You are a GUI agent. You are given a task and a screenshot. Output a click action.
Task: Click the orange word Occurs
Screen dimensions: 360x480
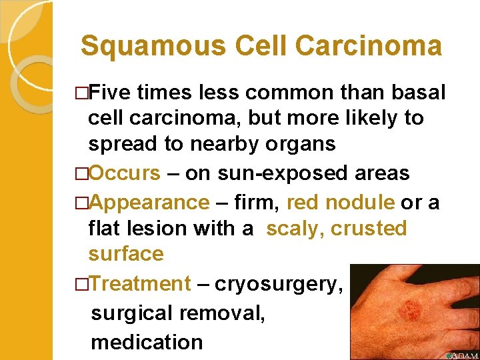pyautogui.click(x=125, y=173)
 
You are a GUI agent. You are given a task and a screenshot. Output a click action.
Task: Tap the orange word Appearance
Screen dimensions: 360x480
pyautogui.click(x=149, y=202)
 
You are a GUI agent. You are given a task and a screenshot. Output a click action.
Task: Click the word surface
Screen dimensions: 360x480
pyautogui.click(x=126, y=254)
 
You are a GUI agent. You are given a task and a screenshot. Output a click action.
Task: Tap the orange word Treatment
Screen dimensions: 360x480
pyautogui.click(x=140, y=283)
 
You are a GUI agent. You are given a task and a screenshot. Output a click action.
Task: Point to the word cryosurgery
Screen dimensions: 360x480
pyautogui.click(x=279, y=285)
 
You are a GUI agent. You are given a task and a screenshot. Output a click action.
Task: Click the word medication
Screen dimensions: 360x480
pyautogui.click(x=147, y=342)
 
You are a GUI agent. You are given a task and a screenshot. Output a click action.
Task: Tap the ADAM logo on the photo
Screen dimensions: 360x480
pyautogui.click(x=462, y=355)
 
